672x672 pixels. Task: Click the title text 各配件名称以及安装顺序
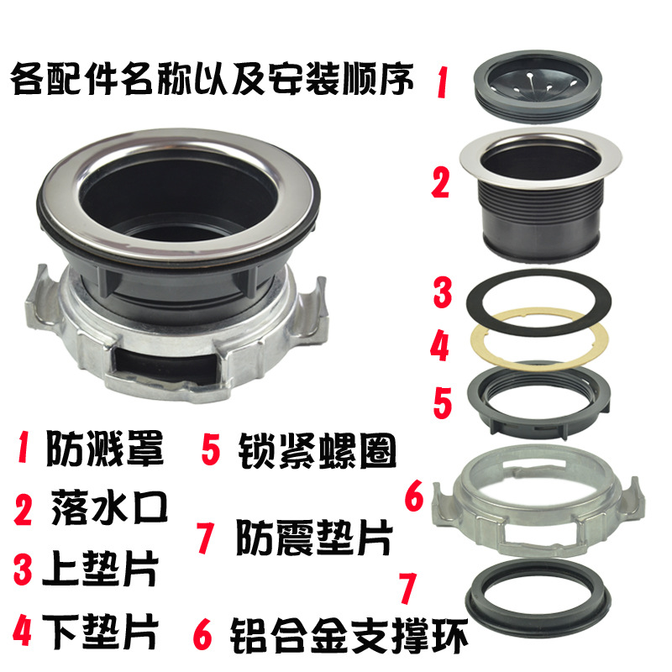coord(212,81)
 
